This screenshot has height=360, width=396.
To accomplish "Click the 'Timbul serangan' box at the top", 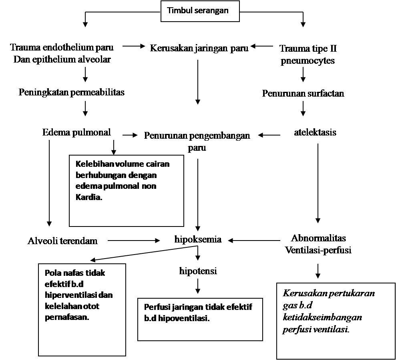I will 200,11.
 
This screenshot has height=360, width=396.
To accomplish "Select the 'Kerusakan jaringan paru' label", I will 199,48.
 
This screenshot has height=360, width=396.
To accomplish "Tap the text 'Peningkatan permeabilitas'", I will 72,92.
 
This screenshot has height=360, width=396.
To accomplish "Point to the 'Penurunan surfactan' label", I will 303,93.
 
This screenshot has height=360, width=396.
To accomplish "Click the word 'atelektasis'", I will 315,132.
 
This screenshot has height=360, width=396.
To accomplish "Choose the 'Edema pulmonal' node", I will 76,132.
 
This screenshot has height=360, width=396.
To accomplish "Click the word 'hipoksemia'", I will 198,239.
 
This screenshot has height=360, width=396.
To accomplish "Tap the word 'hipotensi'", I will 198,271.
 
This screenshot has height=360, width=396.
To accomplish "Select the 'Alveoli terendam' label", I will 62,241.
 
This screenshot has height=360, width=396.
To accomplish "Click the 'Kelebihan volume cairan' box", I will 126,190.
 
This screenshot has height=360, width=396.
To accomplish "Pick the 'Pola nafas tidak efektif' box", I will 82,309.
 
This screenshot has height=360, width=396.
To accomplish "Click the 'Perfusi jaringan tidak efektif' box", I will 200,319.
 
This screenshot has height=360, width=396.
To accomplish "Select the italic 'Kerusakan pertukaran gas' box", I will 336,321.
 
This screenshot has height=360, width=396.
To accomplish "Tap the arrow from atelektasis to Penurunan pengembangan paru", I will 269,135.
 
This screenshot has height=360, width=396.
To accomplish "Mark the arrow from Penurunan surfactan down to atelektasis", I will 303,108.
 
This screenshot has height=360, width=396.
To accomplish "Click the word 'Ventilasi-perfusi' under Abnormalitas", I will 318,250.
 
